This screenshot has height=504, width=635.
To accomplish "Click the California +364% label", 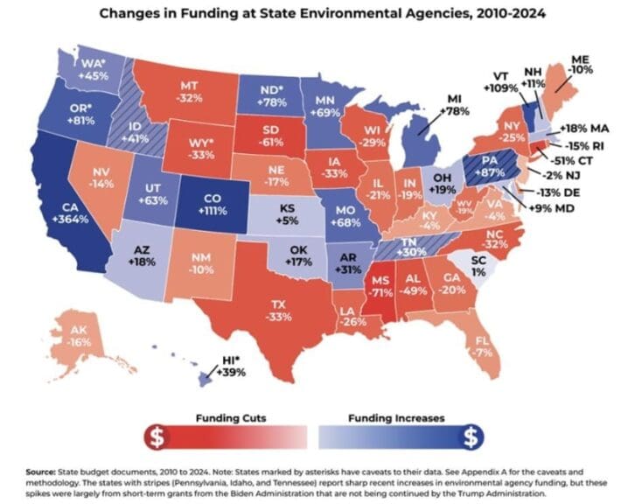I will tap(64, 214).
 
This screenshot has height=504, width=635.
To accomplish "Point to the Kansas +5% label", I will tap(287, 215).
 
